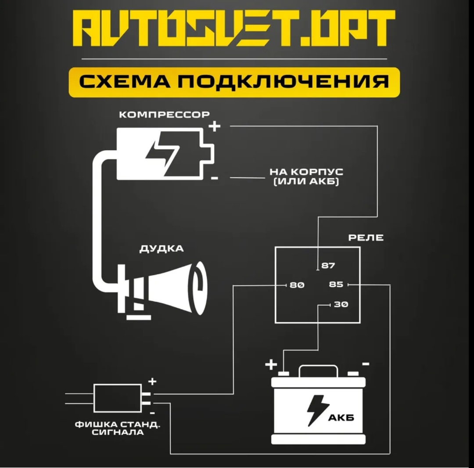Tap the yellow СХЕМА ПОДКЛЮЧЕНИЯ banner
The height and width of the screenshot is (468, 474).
pyautogui.click(x=234, y=82)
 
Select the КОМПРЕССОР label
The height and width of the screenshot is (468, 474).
pyautogui.click(x=165, y=115)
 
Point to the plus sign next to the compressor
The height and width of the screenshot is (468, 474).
pyautogui.click(x=215, y=127)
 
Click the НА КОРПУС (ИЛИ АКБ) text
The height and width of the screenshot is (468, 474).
pyautogui.click(x=306, y=176)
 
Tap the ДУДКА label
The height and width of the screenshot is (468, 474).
pyautogui.click(x=162, y=249)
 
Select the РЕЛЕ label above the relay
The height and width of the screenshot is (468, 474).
pyautogui.click(x=366, y=238)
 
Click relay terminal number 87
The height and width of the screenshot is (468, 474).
pyautogui.click(x=328, y=266)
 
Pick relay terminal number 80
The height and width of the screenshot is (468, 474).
pyautogui.click(x=297, y=285)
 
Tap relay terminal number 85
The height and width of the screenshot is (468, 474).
pyautogui.click(x=336, y=284)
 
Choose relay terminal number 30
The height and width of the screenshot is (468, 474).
pyautogui.click(x=341, y=304)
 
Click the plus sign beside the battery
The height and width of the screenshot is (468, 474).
pyautogui.click(x=271, y=364)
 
